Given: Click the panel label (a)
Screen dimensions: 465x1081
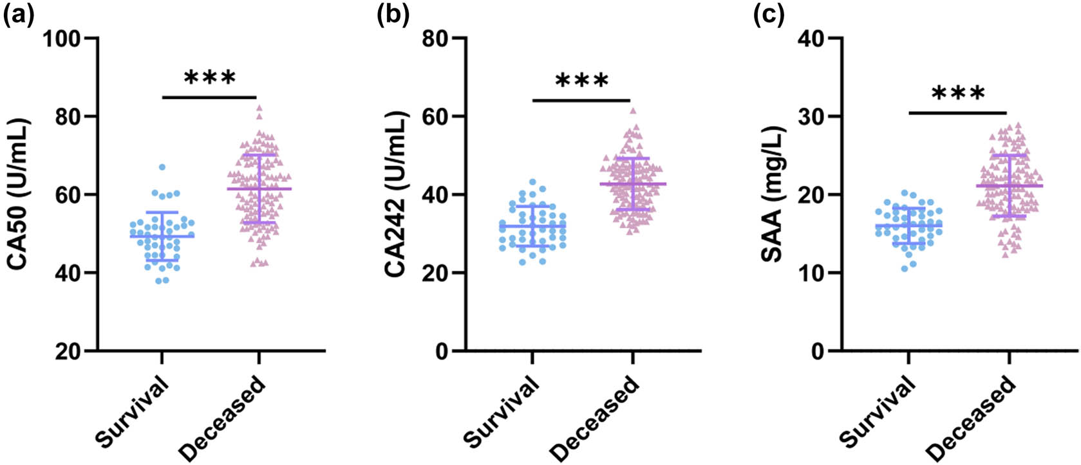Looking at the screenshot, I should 18,14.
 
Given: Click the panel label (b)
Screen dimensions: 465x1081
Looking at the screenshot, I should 393,14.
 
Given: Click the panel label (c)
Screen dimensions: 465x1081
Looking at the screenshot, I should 769,14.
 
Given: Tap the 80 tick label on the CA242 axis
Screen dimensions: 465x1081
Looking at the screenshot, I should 436,39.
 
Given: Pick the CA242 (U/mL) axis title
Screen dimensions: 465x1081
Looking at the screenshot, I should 396,194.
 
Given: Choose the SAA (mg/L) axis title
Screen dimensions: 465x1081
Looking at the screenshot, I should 773,194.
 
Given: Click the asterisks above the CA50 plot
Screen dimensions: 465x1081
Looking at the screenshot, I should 210,78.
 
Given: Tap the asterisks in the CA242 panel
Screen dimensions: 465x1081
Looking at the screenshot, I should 581,81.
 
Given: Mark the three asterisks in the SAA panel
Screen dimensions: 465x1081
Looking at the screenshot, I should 957,94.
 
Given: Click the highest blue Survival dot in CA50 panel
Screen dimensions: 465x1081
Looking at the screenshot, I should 162,167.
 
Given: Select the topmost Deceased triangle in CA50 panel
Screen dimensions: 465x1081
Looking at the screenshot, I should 259,108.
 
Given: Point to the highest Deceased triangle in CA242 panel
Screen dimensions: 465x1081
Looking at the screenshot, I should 633,111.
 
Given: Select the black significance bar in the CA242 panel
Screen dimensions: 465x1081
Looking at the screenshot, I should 581,100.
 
